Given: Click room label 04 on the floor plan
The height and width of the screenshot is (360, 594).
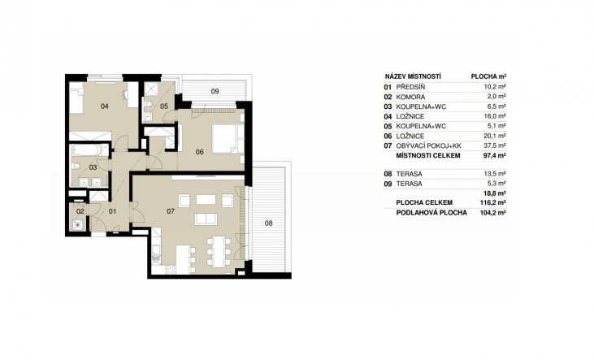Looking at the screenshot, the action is [x=105, y=106].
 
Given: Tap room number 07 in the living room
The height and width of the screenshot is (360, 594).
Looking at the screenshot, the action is [x=171, y=211].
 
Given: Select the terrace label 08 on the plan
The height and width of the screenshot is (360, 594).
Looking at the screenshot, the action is [x=268, y=223].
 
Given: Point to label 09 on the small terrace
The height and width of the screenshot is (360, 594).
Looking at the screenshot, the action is [x=215, y=91].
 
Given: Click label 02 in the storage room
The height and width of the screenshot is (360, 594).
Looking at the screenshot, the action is [x=80, y=211].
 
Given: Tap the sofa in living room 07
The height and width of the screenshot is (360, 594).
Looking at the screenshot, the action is [x=206, y=219].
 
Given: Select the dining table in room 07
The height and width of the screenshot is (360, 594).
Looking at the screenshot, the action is [x=219, y=251].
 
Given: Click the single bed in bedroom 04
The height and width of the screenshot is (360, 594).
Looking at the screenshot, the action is [x=76, y=98].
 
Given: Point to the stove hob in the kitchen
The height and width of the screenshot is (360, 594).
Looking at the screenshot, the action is [x=171, y=270].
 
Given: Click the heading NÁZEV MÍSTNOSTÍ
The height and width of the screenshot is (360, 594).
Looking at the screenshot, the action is [x=413, y=76].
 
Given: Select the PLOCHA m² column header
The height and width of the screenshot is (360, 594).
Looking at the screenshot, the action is [x=488, y=76].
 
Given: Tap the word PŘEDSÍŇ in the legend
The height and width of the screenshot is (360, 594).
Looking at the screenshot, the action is [x=410, y=87].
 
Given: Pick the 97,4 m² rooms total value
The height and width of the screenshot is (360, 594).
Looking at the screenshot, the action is [x=495, y=155].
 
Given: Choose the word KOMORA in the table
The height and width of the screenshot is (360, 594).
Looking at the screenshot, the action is [x=410, y=97].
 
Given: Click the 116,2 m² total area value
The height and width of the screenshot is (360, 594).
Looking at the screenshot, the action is [x=493, y=202].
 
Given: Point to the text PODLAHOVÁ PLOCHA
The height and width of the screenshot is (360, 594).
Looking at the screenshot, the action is [x=431, y=213].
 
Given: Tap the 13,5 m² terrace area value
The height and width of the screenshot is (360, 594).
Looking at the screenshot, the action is [x=495, y=174].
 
